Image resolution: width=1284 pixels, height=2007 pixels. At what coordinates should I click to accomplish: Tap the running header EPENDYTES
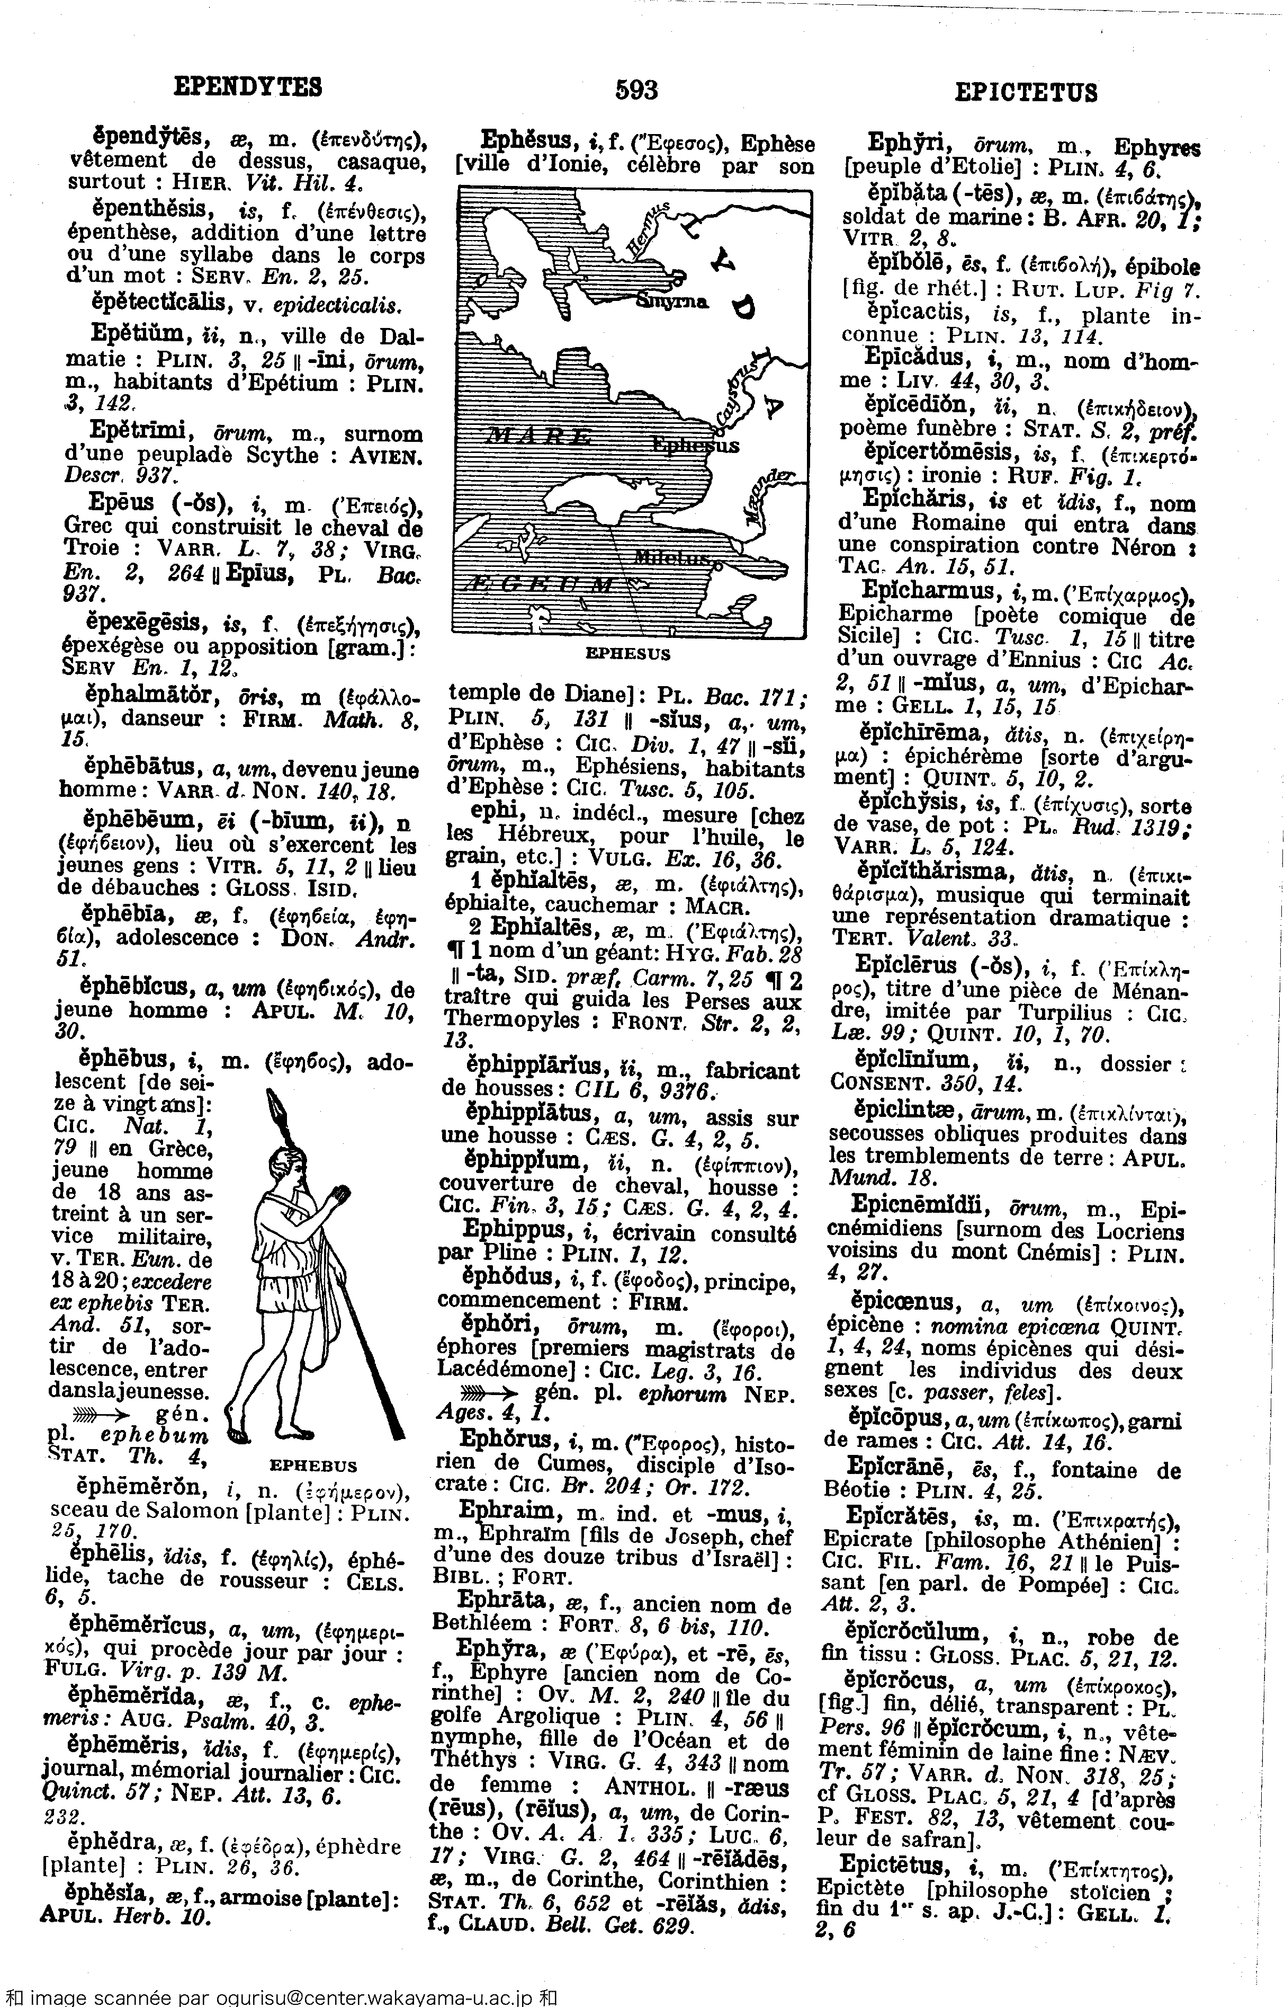pos(248,86)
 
